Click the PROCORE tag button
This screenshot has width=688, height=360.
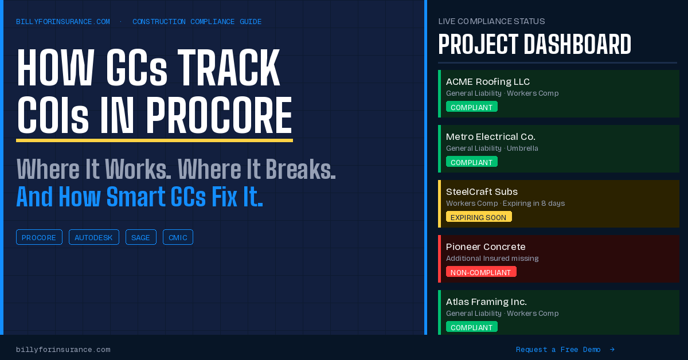(39, 237)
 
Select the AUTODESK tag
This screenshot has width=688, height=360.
(93, 237)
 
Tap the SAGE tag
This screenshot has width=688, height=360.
(140, 237)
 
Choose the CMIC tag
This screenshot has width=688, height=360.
(178, 237)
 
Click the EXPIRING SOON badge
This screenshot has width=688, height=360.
(479, 217)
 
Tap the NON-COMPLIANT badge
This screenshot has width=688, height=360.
(481, 272)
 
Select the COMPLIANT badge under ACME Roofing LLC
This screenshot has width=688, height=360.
(471, 107)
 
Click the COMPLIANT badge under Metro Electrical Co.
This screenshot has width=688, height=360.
(471, 162)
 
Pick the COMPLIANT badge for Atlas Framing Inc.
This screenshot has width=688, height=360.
(471, 327)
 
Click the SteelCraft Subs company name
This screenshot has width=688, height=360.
(482, 191)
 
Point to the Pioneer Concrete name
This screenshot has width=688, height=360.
(486, 246)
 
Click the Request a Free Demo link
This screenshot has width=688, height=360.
(558, 350)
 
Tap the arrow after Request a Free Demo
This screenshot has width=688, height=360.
(612, 350)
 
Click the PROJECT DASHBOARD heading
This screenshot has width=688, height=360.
(534, 45)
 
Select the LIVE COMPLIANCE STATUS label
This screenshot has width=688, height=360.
(491, 21)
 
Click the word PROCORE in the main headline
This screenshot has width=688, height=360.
(218, 115)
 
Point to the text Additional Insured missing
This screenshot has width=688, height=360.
(492, 259)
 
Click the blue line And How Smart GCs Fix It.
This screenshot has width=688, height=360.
(139, 197)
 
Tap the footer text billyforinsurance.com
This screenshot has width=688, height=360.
(63, 350)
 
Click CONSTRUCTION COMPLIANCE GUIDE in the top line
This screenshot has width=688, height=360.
(197, 22)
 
